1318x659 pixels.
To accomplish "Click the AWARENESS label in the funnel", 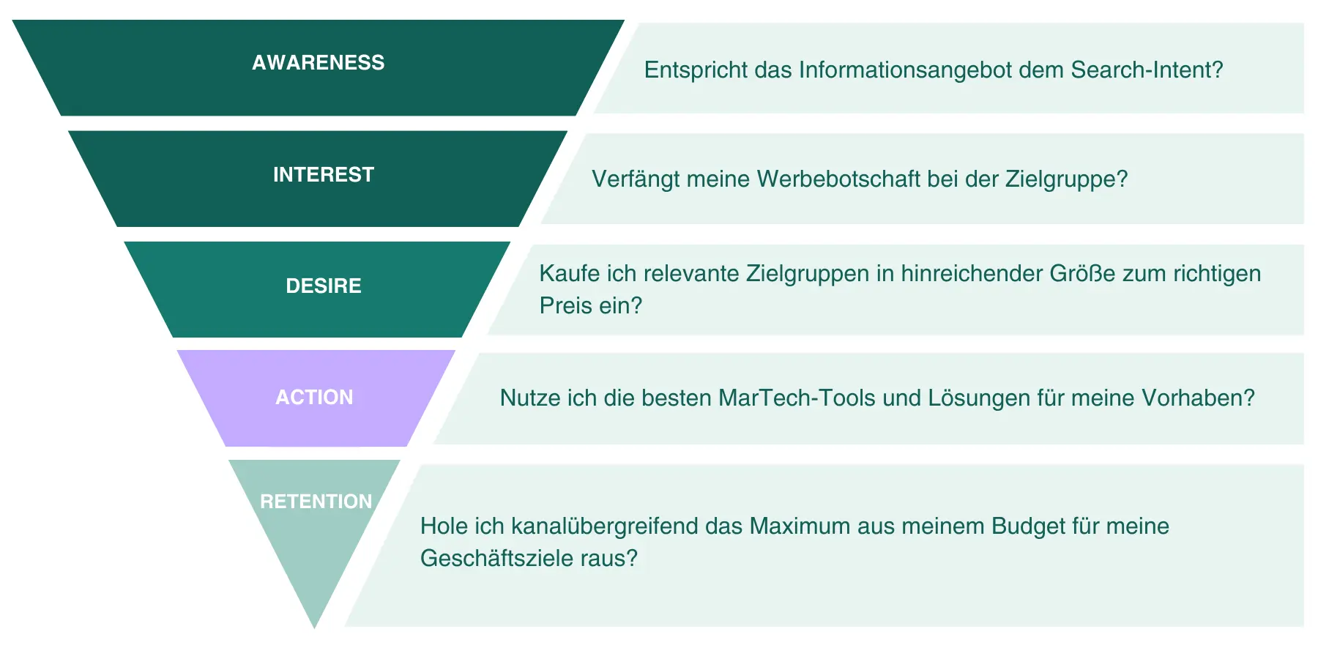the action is [318, 63].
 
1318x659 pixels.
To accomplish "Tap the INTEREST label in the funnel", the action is [324, 174].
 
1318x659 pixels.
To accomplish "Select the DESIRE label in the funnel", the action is [324, 286].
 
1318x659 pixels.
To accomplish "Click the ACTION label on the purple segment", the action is [314, 397].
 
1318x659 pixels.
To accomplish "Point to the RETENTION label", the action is [316, 502].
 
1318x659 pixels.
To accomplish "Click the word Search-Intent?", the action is [1147, 70].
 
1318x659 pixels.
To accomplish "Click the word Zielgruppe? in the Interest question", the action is [1066, 179].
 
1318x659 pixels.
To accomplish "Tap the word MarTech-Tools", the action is [797, 398].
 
